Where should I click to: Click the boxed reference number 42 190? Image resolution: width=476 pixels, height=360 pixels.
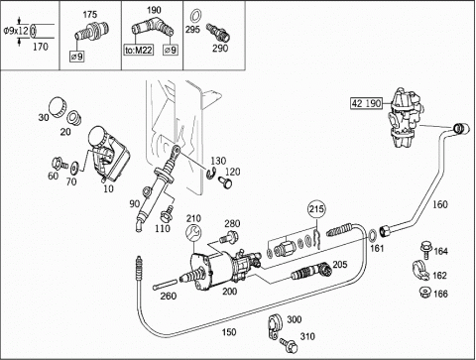pyautogui.click(x=366, y=103)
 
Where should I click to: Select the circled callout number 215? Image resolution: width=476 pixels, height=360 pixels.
pyautogui.click(x=316, y=209)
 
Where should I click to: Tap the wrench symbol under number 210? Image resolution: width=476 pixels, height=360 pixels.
pyautogui.click(x=193, y=232)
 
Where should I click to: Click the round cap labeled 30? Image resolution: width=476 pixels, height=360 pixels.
pyautogui.click(x=58, y=106)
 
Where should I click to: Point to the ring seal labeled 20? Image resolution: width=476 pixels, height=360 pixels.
pyautogui.click(x=74, y=118)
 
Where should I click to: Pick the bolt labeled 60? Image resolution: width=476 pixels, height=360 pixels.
pyautogui.click(x=59, y=164)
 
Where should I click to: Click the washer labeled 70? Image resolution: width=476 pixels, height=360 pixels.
pyautogui.click(x=74, y=167)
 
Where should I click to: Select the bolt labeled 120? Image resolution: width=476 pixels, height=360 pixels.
pyautogui.click(x=225, y=182)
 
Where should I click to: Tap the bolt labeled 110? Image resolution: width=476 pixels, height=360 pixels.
pyautogui.click(x=167, y=213)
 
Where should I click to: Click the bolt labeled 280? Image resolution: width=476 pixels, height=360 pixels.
pyautogui.click(x=228, y=238)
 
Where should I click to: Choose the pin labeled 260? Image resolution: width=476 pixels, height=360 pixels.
pyautogui.click(x=166, y=285)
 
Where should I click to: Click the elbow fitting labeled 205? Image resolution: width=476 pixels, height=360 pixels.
pyautogui.click(x=312, y=271)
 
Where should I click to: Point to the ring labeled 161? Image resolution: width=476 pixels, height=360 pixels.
pyautogui.click(x=372, y=235)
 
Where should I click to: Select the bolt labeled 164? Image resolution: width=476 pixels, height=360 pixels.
pyautogui.click(x=426, y=250)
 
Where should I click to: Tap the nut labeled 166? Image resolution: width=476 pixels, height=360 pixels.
pyautogui.click(x=424, y=293)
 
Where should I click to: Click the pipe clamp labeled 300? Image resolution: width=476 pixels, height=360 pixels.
pyautogui.click(x=274, y=326)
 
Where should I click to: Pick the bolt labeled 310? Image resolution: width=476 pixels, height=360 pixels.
pyautogui.click(x=289, y=345)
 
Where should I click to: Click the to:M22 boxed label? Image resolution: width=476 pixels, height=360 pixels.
pyautogui.click(x=139, y=50)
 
